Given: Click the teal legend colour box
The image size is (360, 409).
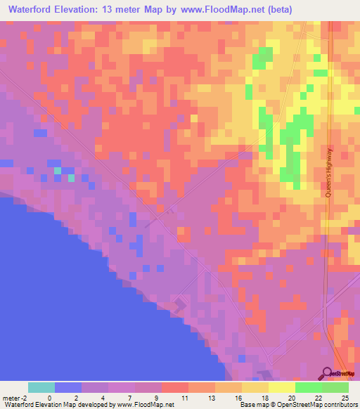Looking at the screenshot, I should point(41,387).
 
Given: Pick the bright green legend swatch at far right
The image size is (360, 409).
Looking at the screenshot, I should point(335,387).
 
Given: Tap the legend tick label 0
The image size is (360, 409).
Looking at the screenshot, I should point(49,398).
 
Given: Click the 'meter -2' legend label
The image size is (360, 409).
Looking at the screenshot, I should point(14,398).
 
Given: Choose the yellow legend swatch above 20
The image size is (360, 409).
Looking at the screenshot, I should point(281,387).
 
